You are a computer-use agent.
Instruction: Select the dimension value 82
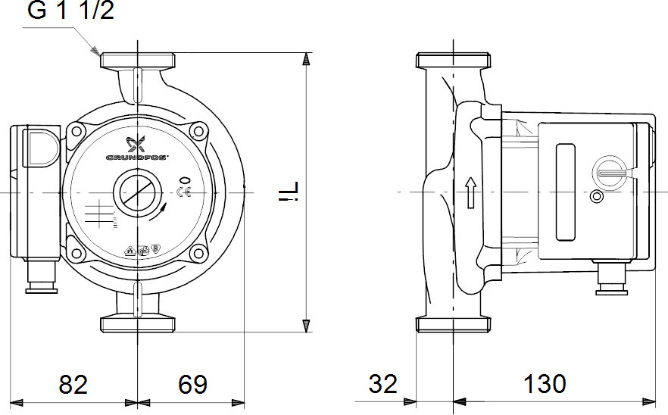click(73, 384)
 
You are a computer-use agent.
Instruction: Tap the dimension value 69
click(192, 384)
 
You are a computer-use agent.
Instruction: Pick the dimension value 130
click(544, 384)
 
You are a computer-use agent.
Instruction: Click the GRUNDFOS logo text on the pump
click(137, 158)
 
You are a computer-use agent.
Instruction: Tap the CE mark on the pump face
click(183, 192)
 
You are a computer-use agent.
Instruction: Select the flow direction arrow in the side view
click(470, 192)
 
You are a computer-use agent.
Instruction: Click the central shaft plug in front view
click(137, 192)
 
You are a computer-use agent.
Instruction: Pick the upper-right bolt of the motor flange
click(199, 131)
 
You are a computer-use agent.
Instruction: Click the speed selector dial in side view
click(608, 171)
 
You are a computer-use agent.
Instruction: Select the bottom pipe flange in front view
click(138, 324)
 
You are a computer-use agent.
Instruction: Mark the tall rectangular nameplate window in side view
click(565, 192)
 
